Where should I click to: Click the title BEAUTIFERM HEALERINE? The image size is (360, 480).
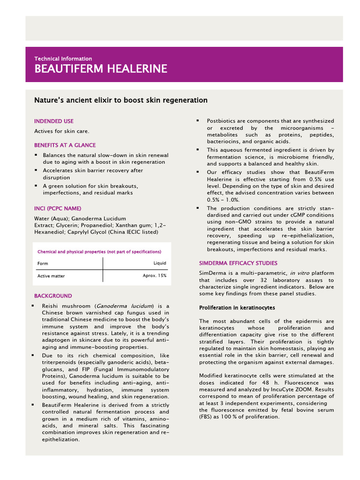[100, 69]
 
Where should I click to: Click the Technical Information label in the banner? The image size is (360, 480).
[63, 59]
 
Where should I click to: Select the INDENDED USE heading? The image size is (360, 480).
[53, 121]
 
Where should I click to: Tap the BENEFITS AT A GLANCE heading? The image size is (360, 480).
[65, 145]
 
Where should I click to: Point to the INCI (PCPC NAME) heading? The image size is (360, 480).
[57, 208]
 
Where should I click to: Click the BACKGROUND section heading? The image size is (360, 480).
[53, 296]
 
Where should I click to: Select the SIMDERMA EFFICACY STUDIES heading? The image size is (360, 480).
[238, 263]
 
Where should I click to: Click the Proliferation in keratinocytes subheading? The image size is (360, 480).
[237, 307]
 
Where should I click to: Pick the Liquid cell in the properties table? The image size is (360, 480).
[159, 263]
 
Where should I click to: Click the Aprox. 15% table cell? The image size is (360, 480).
[154, 276]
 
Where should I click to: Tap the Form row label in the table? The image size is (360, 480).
[43, 263]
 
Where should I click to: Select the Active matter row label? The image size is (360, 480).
[51, 276]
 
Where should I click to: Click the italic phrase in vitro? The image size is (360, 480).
[299, 273]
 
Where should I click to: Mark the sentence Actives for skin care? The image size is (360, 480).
[61, 131]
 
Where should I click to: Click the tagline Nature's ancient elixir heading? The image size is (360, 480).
[120, 100]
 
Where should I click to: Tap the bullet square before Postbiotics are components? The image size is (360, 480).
[198, 121]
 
